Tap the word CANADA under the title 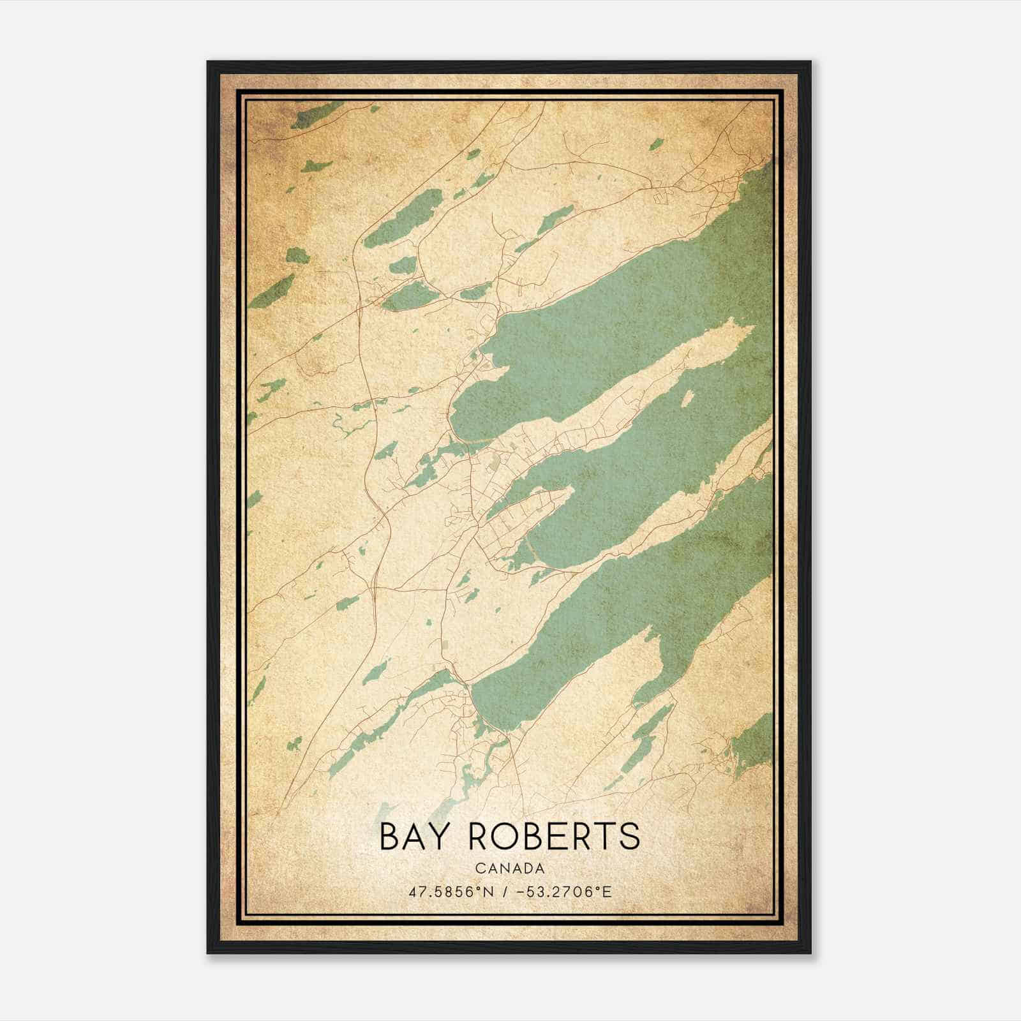coord(509,868)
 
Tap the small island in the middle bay coord(687,399)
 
